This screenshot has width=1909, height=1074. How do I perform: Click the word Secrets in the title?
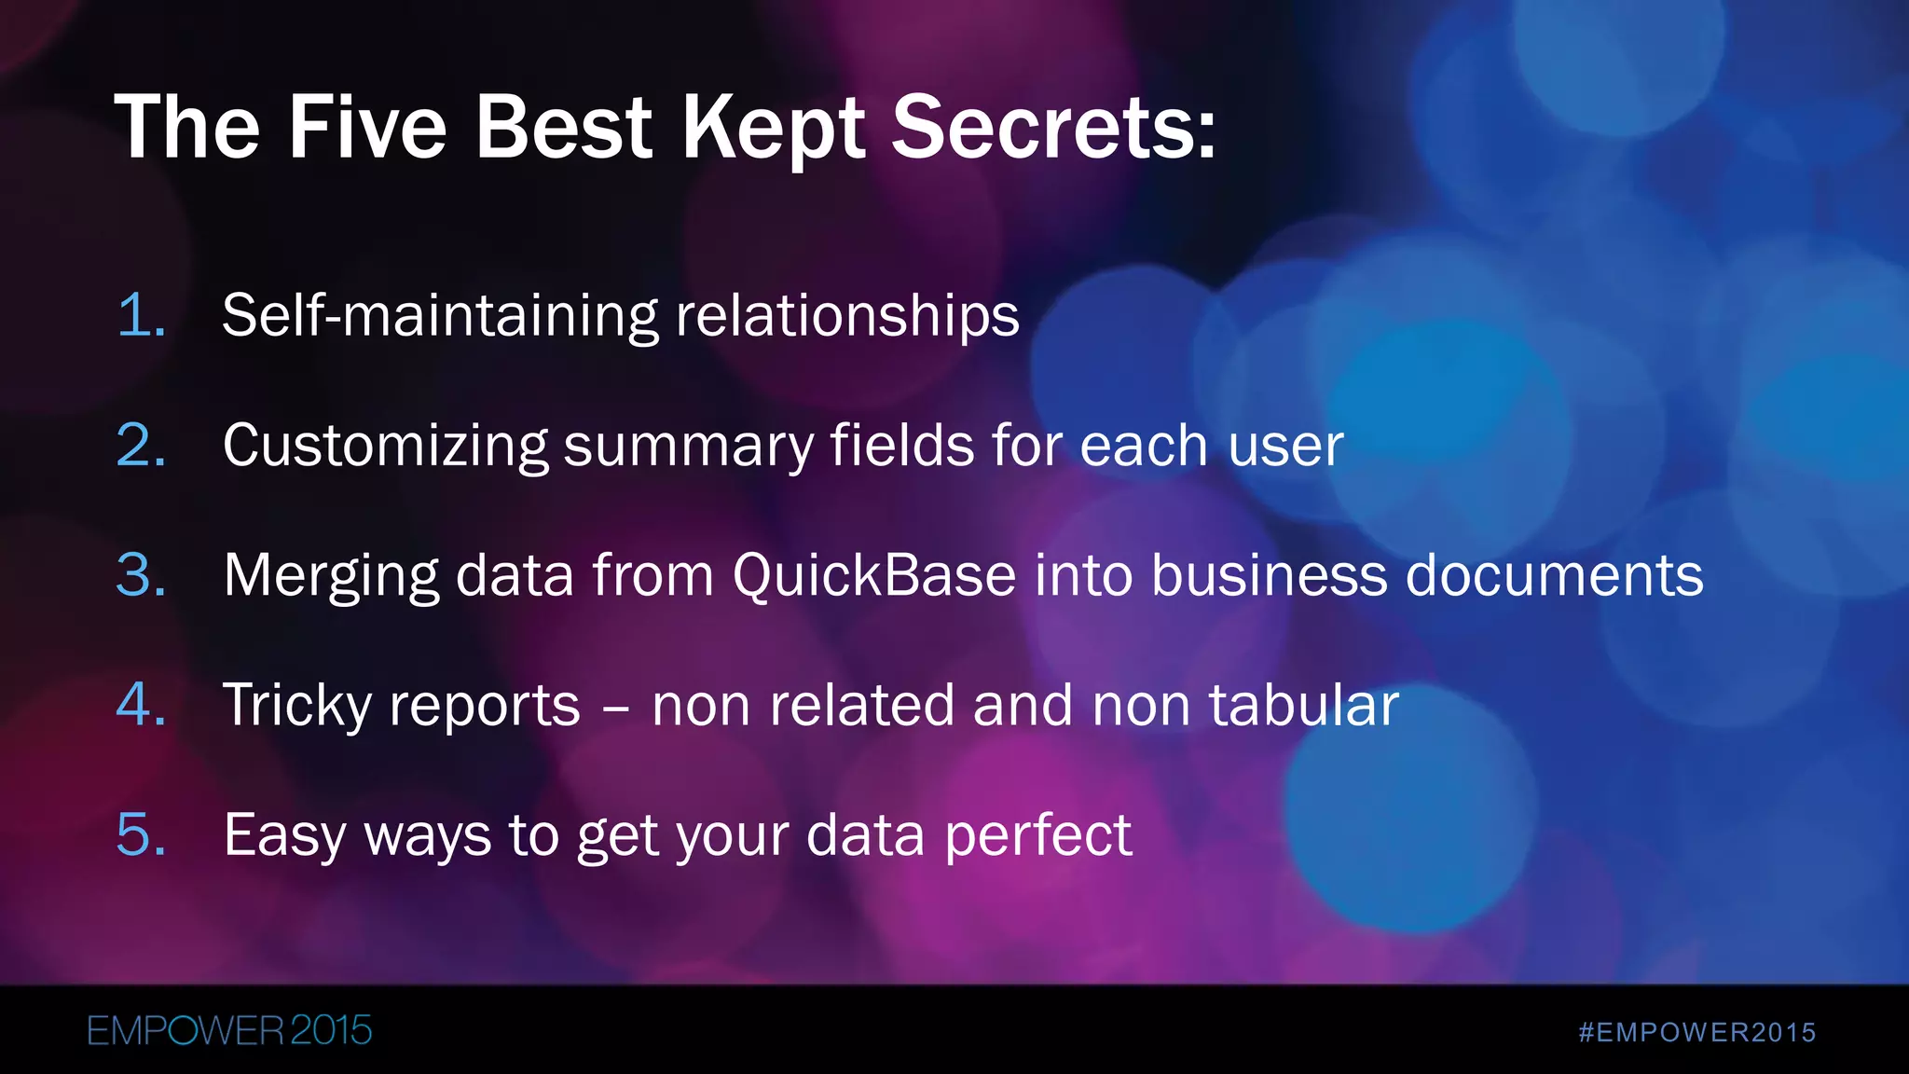click(x=1053, y=128)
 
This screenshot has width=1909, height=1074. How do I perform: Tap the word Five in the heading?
click(x=367, y=128)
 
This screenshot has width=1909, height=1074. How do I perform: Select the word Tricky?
click(x=297, y=706)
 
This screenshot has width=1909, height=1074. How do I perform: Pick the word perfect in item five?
click(x=1038, y=835)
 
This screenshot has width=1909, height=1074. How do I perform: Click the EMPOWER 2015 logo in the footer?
click(x=229, y=1031)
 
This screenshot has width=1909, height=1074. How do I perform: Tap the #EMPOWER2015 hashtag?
click(x=1697, y=1033)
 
